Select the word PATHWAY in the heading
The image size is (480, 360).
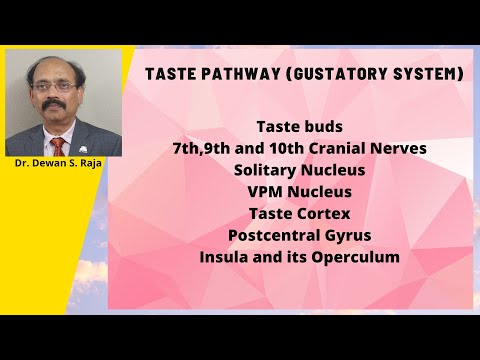coord(240,74)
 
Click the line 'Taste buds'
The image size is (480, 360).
coord(299,127)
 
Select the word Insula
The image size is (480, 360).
coord(225,257)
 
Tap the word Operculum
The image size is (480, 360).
coord(355,257)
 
